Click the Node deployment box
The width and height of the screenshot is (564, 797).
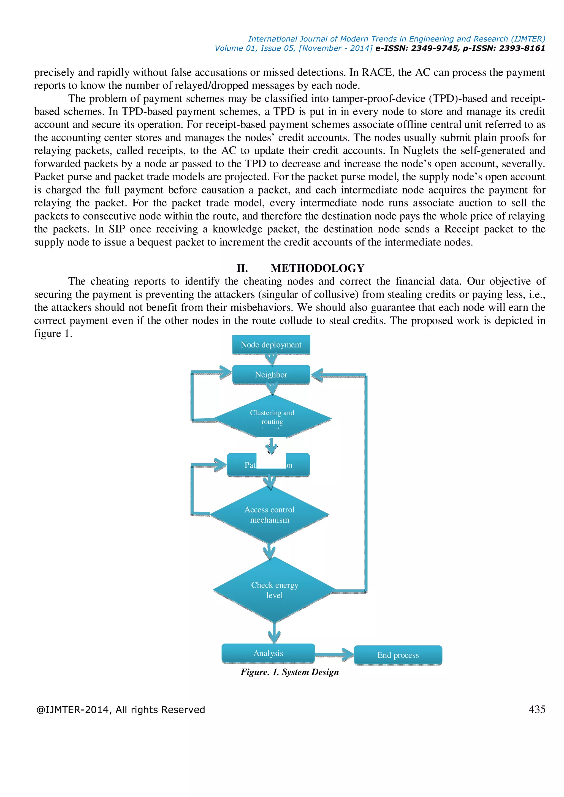point(271,345)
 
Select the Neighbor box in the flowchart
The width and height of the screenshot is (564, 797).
point(271,375)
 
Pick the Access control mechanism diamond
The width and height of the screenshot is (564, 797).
point(270,515)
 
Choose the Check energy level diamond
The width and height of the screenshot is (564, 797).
point(274,590)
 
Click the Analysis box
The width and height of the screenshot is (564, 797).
point(268,653)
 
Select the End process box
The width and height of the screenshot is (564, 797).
point(398,655)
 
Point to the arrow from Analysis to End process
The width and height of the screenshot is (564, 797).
point(334,655)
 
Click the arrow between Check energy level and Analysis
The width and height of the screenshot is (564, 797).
point(274,633)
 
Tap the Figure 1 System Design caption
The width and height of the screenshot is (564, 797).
point(290,672)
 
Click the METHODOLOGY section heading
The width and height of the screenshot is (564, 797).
point(318,268)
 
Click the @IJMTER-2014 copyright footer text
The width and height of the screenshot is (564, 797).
point(121,710)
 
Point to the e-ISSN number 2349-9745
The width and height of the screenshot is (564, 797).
point(434,48)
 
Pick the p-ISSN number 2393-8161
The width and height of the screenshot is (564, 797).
point(522,48)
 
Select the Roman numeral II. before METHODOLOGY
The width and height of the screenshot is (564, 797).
point(242,268)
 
